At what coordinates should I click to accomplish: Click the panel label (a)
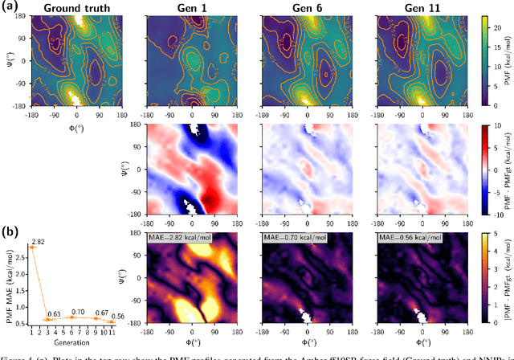tap(10, 8)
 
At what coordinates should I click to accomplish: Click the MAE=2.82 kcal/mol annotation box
tap(180, 238)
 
